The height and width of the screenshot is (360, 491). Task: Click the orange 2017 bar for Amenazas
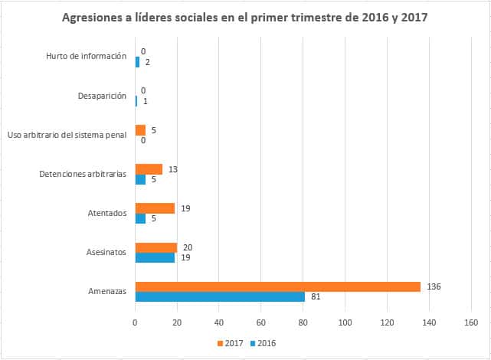click(x=277, y=286)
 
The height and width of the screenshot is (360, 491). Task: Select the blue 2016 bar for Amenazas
click(x=220, y=296)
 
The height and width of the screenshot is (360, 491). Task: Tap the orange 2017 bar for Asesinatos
click(x=156, y=247)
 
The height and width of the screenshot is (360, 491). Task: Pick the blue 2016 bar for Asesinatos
click(x=155, y=257)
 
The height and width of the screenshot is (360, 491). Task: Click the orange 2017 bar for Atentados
click(x=155, y=208)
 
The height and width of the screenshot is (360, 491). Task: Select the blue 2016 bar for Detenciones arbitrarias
click(x=140, y=179)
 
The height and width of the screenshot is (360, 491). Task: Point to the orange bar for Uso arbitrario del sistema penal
click(x=140, y=130)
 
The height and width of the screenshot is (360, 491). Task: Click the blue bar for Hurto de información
click(x=137, y=62)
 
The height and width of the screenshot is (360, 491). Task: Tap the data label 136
click(x=435, y=286)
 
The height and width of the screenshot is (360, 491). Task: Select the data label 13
click(x=175, y=169)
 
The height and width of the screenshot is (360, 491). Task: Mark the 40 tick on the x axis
click(x=219, y=322)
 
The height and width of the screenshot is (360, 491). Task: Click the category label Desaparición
click(x=102, y=97)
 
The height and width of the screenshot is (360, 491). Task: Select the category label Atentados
click(x=107, y=213)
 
